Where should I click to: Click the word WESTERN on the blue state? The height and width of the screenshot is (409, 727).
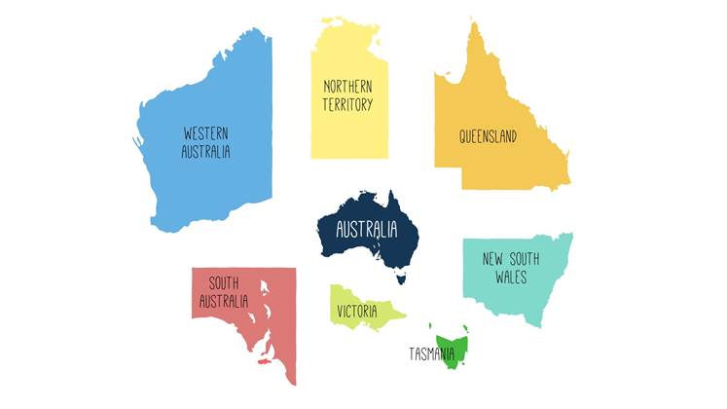click(206, 134)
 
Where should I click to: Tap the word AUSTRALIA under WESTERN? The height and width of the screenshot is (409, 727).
click(206, 152)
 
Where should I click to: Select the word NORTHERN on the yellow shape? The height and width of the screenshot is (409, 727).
click(348, 87)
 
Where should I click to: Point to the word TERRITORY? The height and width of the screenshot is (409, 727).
click(348, 104)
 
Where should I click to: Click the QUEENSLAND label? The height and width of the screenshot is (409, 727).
click(488, 136)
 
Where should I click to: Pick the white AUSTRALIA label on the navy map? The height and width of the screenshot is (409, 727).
click(366, 231)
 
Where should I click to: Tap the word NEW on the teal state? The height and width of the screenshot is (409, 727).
click(493, 260)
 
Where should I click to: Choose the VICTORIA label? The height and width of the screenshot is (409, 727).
click(357, 312)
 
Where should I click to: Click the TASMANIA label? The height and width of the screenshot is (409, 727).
click(432, 353)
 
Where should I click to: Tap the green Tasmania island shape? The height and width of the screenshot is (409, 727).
click(456, 344)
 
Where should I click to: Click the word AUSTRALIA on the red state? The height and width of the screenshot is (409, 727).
click(224, 302)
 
